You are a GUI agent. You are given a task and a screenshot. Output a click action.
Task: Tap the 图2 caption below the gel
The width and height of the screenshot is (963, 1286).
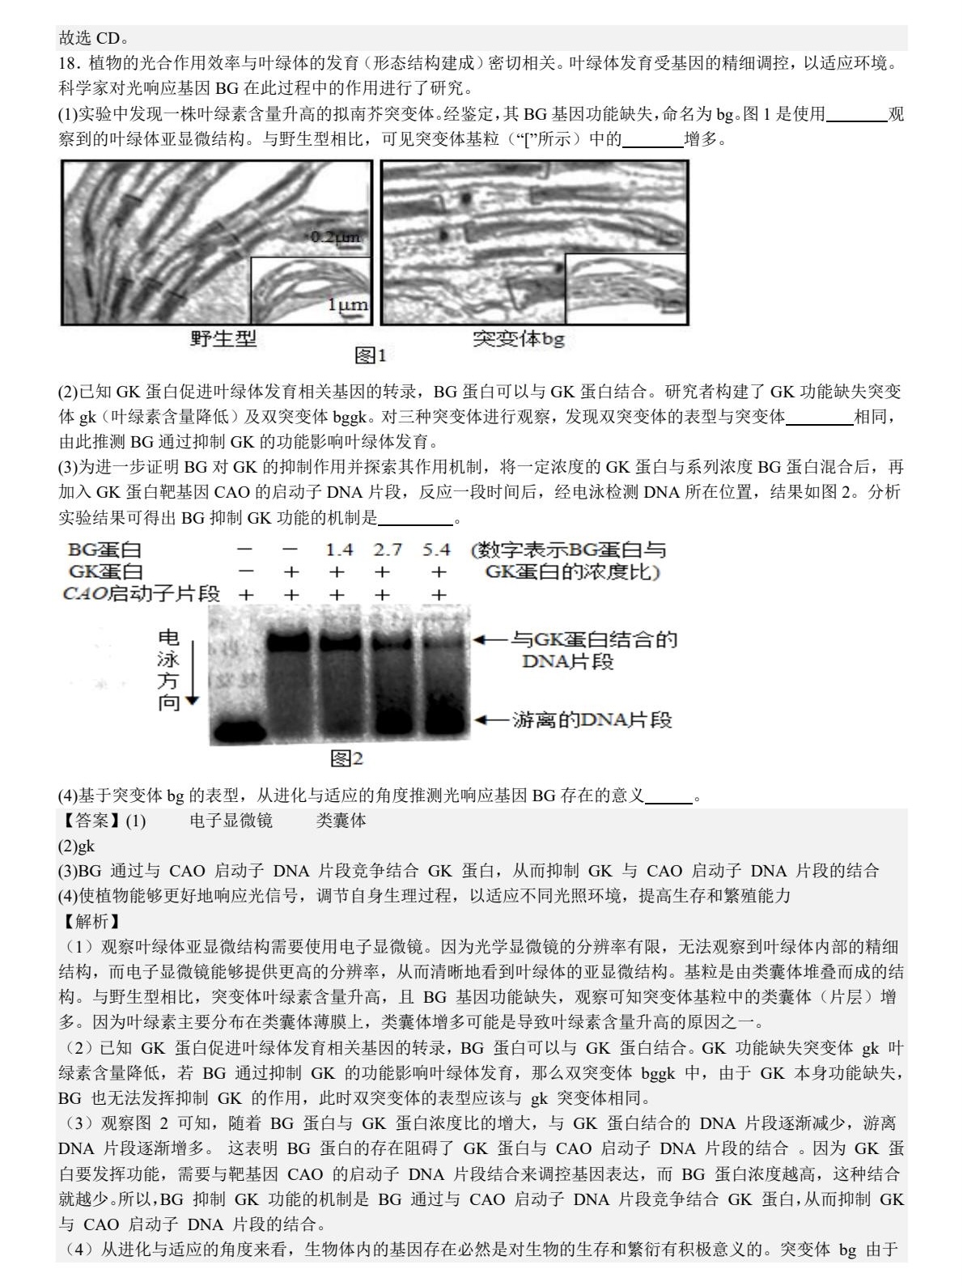click(346, 758)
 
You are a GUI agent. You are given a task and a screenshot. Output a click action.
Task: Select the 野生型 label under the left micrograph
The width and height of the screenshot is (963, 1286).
click(223, 338)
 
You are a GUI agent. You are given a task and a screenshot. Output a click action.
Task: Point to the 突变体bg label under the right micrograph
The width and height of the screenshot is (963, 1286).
click(518, 338)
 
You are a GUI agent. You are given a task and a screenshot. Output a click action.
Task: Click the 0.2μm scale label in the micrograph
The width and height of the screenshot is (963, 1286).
click(335, 237)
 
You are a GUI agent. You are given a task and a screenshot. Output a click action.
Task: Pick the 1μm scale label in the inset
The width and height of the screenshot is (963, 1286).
click(346, 305)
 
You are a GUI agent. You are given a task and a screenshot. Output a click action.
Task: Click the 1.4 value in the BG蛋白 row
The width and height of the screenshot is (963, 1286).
click(339, 550)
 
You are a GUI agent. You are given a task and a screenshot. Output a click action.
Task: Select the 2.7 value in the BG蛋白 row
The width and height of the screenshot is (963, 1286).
click(388, 550)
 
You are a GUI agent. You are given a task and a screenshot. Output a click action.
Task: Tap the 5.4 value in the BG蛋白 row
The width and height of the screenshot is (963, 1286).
click(436, 550)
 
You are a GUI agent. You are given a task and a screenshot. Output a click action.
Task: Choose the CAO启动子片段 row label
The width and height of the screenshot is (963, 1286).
click(141, 594)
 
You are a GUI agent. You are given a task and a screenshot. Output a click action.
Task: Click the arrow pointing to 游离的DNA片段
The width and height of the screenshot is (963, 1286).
click(490, 719)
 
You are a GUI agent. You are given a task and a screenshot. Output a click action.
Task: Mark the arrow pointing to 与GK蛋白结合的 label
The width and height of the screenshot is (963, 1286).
click(490, 640)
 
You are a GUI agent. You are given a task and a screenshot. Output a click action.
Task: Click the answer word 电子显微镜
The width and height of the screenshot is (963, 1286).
click(231, 821)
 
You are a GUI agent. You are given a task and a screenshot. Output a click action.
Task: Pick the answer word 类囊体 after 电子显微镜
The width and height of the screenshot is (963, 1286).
click(341, 821)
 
